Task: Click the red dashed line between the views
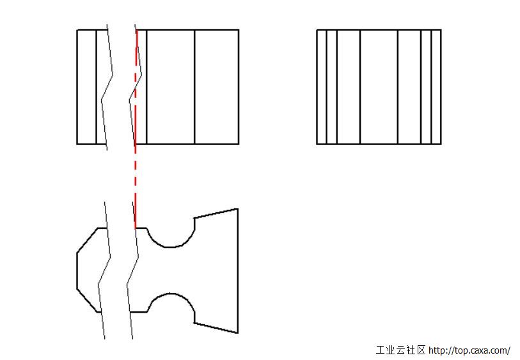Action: (x=136, y=129)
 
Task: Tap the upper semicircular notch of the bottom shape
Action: (x=171, y=247)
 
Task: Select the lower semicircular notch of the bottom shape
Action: (x=171, y=293)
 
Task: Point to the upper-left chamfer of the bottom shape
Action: (x=87, y=240)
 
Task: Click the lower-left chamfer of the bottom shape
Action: (x=87, y=301)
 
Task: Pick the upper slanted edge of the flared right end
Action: (x=216, y=213)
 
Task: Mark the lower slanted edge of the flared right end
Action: (x=216, y=328)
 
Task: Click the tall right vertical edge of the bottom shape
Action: (x=238, y=270)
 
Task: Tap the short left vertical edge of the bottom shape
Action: (x=77, y=271)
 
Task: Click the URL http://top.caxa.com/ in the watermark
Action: (x=469, y=350)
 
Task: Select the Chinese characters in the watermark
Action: (x=400, y=350)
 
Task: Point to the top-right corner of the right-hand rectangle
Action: (x=441, y=30)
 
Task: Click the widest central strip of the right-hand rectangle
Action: (x=379, y=87)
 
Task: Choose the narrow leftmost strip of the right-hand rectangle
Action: (x=322, y=87)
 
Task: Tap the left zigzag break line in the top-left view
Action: (x=107, y=87)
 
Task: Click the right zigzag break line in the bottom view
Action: (x=132, y=270)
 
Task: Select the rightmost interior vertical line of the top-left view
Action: (x=194, y=87)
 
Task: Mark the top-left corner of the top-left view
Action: (x=77, y=30)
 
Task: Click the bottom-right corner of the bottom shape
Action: (x=238, y=333)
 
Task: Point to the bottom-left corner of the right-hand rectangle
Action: (x=317, y=145)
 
